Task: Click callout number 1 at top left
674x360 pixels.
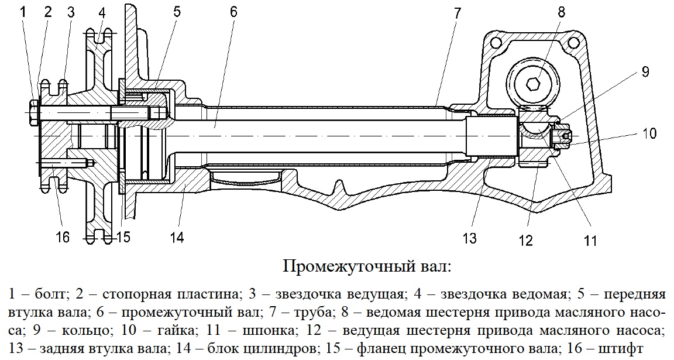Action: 23,12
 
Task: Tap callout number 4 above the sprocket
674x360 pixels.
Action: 102,12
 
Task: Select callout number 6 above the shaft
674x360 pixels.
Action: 233,12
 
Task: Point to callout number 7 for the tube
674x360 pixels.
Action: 457,13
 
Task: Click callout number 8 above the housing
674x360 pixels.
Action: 562,12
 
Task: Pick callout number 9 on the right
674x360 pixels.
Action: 645,72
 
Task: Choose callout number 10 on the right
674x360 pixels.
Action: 650,133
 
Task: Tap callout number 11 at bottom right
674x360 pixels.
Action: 591,239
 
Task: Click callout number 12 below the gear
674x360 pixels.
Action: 526,239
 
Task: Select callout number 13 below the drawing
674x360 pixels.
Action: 470,238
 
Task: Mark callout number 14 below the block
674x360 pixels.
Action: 177,237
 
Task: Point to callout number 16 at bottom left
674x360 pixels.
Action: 63,237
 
